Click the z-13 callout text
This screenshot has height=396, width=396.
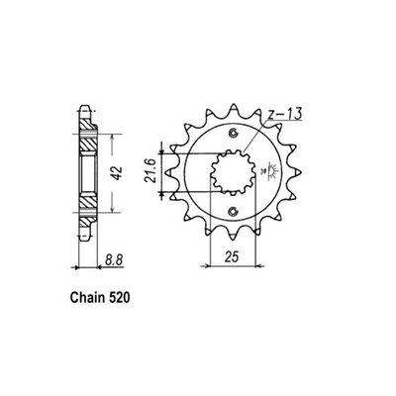point(287,117)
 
